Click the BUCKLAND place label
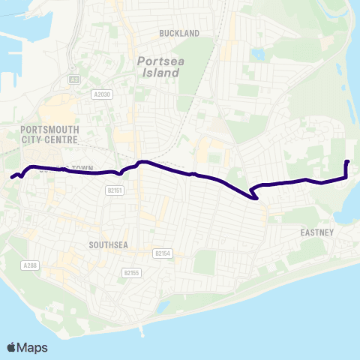tap(180, 34)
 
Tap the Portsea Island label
tap(158, 67)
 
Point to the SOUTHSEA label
tap(109, 245)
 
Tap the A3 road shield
tap(73, 78)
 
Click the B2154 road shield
tap(163, 253)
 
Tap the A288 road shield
tap(30, 265)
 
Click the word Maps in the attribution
tap(32, 347)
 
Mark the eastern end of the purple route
tap(346, 162)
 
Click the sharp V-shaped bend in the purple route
tap(256, 198)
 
